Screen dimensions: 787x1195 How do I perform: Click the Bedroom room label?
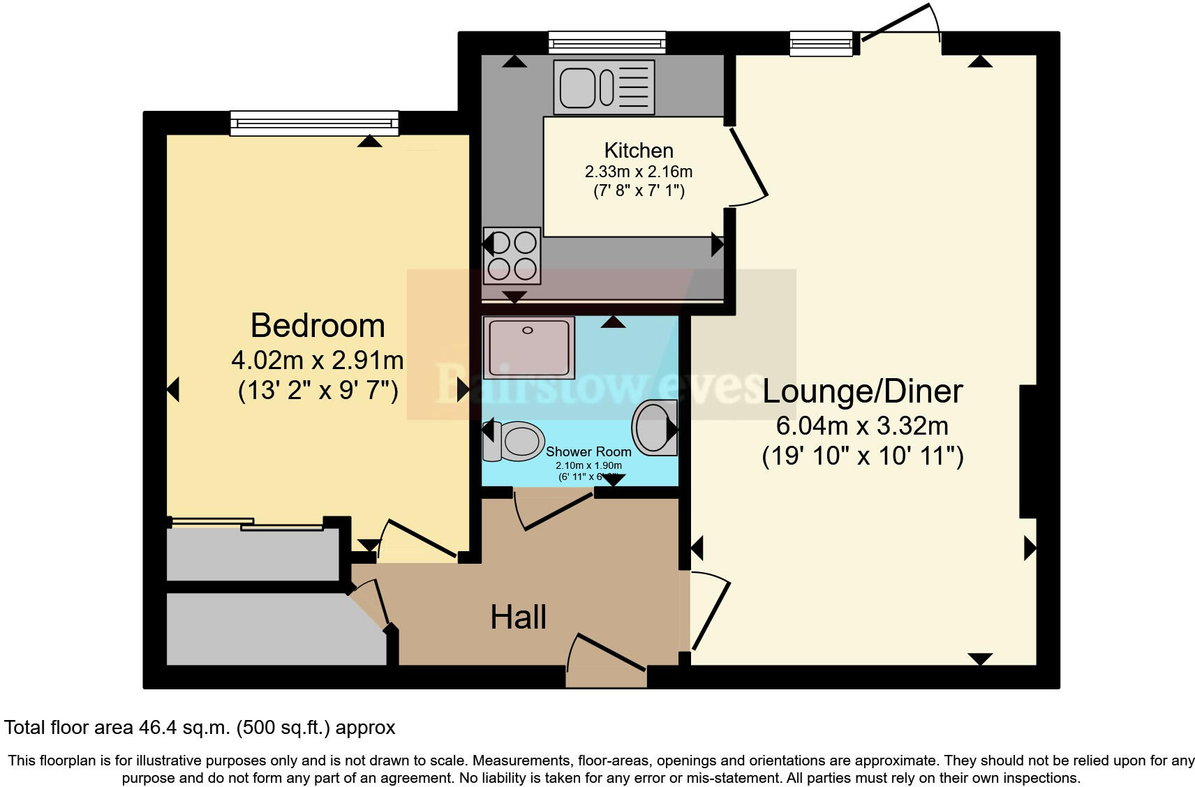click(318, 326)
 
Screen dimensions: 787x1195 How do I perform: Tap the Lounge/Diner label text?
click(862, 391)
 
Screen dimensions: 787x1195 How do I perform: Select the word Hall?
click(518, 617)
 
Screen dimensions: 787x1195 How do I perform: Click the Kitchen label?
click(639, 150)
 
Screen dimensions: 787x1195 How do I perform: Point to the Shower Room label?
click(588, 452)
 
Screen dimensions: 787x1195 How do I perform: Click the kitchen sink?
click(604, 87)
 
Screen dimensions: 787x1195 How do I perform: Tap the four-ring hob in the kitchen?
click(512, 255)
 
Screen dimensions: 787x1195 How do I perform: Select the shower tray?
click(528, 347)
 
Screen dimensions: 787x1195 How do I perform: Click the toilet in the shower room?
click(515, 441)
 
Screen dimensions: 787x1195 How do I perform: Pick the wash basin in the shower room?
click(655, 427)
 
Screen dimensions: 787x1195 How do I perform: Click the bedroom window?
click(314, 123)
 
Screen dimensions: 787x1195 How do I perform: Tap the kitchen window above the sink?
click(607, 43)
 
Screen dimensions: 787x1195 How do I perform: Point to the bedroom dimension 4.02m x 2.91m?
click(318, 361)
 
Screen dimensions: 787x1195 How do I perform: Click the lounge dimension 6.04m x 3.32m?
click(862, 425)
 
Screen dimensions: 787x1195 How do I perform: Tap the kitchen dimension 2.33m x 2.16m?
click(639, 172)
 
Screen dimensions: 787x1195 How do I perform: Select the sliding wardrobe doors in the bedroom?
click(246, 523)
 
